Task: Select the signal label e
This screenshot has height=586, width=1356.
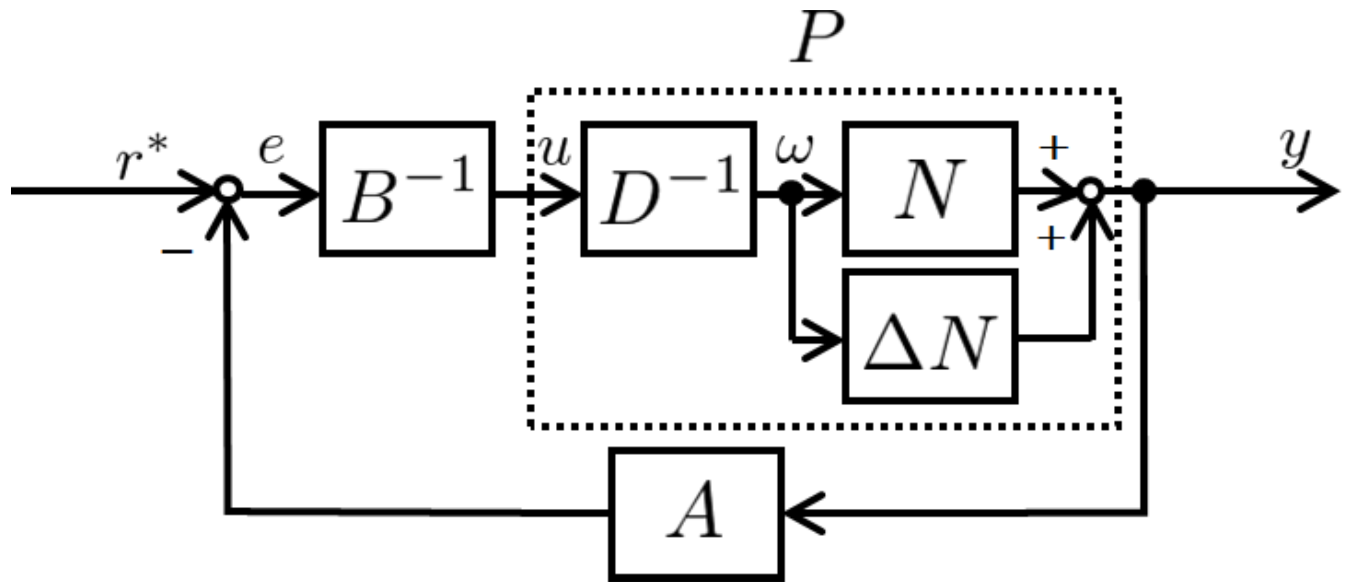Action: coord(271,150)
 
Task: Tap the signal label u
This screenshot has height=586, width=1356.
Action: coord(555,153)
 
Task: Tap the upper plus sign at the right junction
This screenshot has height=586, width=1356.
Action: coord(1053,149)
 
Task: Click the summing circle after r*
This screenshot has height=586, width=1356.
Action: coord(228,191)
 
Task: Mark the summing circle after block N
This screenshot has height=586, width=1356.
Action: coord(1091,191)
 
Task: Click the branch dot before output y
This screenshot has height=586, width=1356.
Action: coord(1144,191)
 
